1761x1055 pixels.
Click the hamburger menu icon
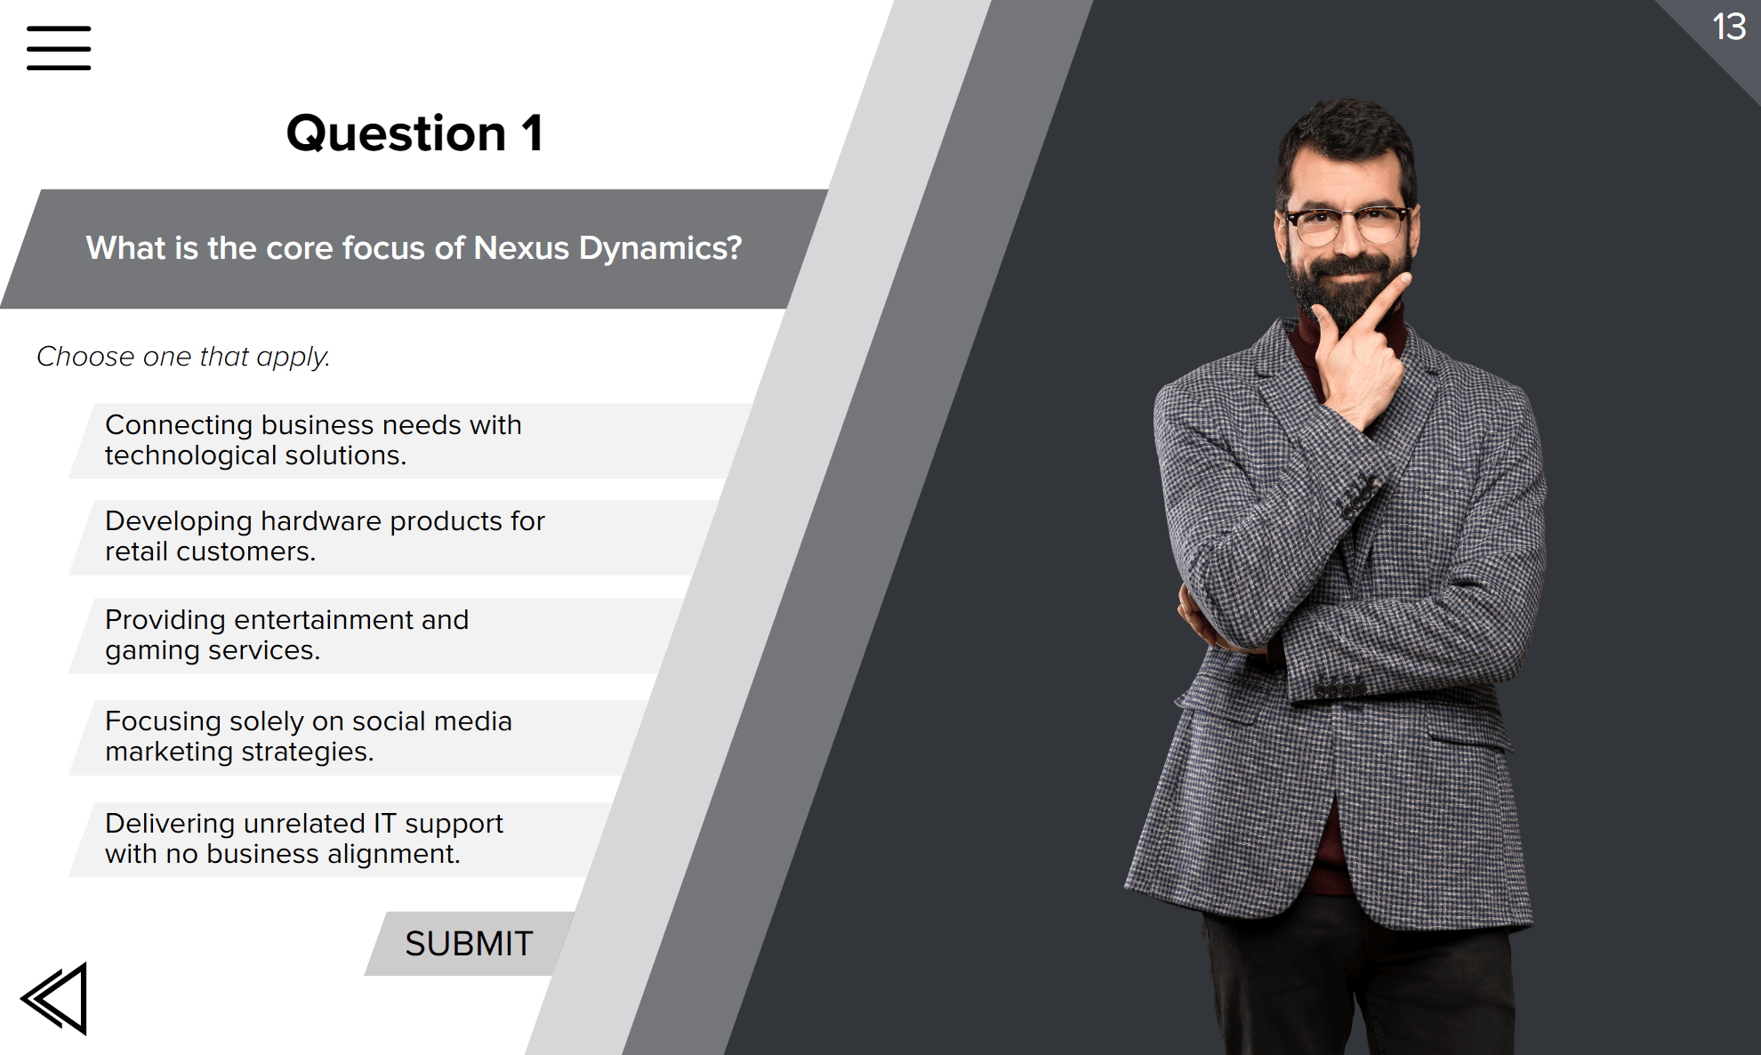point(59,48)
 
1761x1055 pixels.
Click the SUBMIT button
point(469,944)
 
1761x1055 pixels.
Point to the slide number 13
point(1729,27)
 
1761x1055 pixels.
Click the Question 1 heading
point(414,133)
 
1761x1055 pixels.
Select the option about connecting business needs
point(409,440)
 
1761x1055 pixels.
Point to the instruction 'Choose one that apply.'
point(183,357)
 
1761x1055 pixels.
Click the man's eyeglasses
point(1347,225)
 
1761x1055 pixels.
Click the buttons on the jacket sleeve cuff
point(1339,690)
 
